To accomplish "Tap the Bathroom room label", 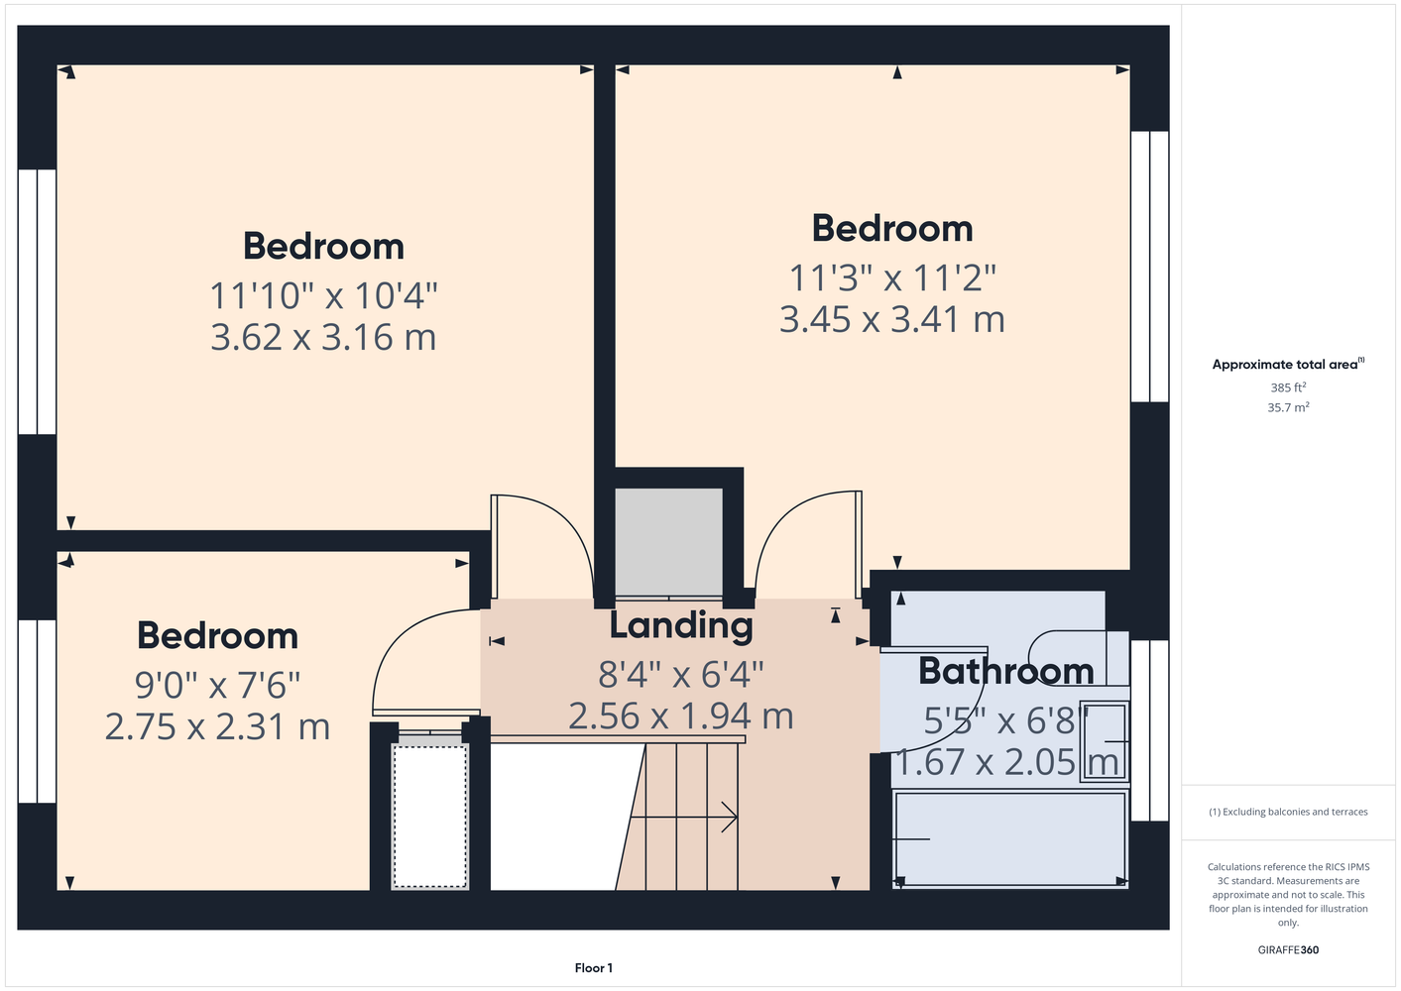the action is (1005, 672).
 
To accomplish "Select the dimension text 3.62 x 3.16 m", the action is (323, 338).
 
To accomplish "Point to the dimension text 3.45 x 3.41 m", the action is (892, 319).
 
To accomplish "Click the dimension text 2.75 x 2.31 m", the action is (217, 727).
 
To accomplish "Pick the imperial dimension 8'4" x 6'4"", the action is (681, 675).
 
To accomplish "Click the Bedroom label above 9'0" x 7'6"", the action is (218, 636).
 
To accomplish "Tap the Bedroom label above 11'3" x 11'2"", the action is (892, 229).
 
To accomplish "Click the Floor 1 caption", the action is (594, 968).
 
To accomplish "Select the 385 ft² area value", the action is (1288, 387).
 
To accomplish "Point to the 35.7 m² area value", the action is (1288, 407).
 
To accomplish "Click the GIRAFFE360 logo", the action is (1288, 949).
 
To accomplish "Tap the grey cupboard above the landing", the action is (668, 541).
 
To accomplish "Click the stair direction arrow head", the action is (731, 818).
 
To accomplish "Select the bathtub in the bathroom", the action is (1010, 839).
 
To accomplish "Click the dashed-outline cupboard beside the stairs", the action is (429, 817).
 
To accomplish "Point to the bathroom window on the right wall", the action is (1149, 730).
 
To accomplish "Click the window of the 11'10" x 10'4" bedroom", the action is (37, 301).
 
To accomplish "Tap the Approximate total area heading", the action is (1288, 365).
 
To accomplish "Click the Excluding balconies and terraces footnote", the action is (1288, 813).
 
